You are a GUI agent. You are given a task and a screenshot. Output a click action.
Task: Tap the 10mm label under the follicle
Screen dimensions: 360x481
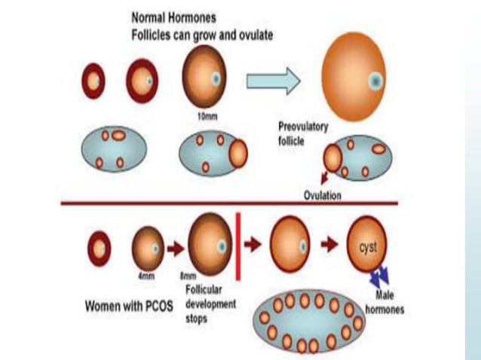[204, 116]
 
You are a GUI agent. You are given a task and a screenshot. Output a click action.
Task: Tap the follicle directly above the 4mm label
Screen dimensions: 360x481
[147, 247]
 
